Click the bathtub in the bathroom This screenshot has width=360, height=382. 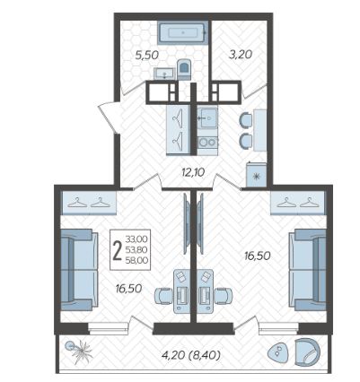point(182,33)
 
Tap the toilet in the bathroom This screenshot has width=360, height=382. point(184,69)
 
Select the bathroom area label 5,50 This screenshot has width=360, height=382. point(146,55)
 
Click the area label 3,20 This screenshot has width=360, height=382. point(241,54)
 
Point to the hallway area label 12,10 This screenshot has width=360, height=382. point(193,172)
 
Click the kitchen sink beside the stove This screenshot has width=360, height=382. point(207,118)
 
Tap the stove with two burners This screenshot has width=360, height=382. point(207,142)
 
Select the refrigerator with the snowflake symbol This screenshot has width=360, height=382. point(256,175)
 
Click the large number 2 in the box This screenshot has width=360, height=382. point(118,250)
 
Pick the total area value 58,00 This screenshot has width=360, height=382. point(136,260)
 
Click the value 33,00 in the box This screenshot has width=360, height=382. point(136,239)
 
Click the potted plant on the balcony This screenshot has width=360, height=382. point(79,352)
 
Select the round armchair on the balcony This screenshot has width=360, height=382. point(307,352)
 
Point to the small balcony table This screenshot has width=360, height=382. point(278,352)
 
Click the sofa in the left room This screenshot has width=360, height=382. point(79,270)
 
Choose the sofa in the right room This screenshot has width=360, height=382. point(307,270)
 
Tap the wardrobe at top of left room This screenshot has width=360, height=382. point(89,204)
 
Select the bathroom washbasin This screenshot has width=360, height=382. point(164,74)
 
